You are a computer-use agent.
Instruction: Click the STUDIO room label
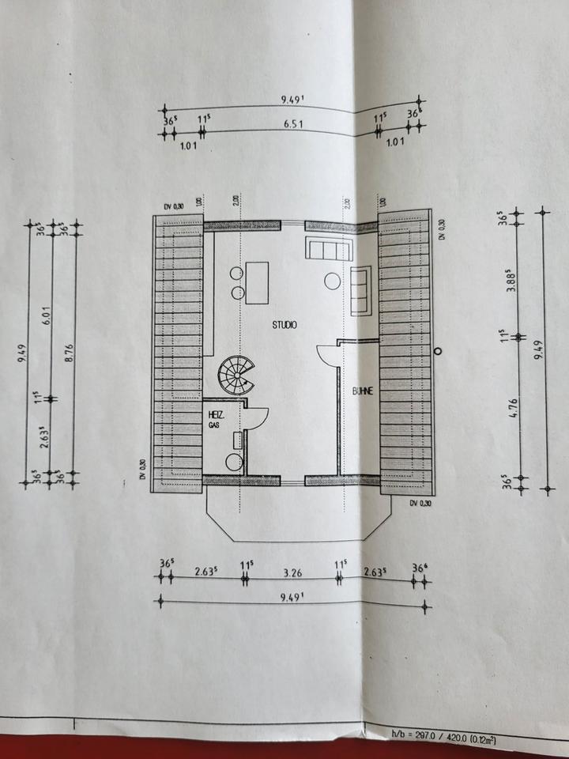click(284, 325)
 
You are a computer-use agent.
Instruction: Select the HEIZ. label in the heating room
click(215, 414)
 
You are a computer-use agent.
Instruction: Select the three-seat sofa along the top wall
click(328, 250)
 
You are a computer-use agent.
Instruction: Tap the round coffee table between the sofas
click(332, 280)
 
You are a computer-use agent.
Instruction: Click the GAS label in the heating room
click(213, 425)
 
